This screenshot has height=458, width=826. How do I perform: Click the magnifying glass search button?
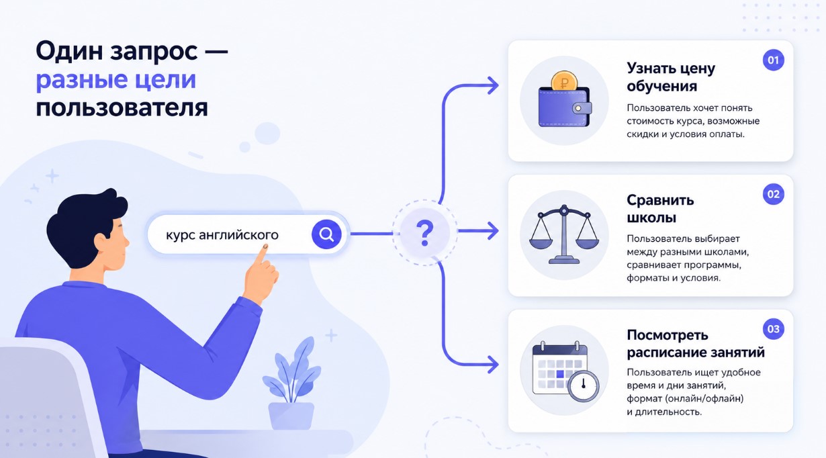point(326,234)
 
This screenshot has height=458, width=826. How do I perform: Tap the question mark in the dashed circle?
point(425,233)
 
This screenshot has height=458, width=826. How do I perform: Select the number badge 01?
point(773,60)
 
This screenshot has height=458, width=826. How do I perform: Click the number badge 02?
point(773,194)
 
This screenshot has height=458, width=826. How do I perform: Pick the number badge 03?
point(773,329)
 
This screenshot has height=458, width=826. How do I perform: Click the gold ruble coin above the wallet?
point(564,82)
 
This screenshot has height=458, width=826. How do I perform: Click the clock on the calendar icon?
point(583,385)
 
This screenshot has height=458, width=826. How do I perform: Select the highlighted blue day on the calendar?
point(560,374)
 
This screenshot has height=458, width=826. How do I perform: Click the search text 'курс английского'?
point(222,235)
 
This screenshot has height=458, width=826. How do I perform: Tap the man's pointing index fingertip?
point(265,246)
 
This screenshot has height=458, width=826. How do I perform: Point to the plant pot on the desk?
point(291,416)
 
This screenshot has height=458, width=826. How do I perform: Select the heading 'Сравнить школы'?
point(660,209)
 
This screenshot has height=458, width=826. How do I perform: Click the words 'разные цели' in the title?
point(116,80)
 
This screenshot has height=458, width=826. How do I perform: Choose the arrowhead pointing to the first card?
point(493,85)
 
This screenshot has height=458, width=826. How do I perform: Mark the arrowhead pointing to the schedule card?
point(493,365)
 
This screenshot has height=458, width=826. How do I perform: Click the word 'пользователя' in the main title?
point(122,108)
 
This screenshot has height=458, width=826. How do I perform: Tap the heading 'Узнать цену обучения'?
point(671,77)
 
